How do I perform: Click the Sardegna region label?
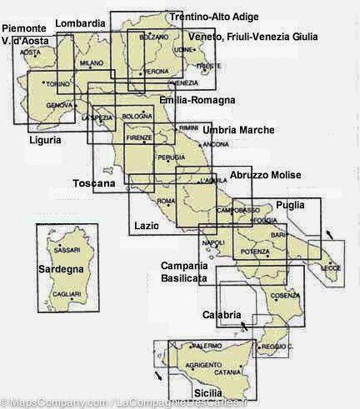[x=61, y=269]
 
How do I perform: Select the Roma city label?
[x=166, y=202]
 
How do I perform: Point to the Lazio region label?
[x=146, y=226]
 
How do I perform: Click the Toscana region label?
[x=93, y=183]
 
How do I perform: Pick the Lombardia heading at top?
[x=80, y=22]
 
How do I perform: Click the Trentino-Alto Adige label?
[x=213, y=17]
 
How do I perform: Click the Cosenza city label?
[x=284, y=296]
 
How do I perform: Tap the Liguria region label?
[x=43, y=140]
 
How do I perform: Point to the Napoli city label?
[x=214, y=242]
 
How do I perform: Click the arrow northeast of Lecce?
[x=332, y=236]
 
